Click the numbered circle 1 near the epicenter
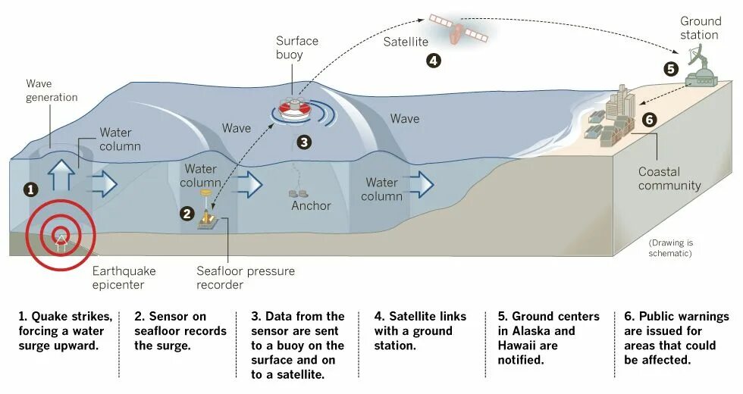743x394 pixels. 31,189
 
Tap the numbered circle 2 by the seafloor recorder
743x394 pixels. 187,213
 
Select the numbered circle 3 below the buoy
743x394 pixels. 303,142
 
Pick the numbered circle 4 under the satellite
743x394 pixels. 433,61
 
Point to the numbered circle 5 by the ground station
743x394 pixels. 670,69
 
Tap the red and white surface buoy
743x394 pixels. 295,110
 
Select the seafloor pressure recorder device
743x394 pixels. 206,220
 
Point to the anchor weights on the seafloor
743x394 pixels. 299,194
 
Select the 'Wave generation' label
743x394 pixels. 52,90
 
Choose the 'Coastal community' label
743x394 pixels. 669,179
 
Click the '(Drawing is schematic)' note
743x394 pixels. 670,248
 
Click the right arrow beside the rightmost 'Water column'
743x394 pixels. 422,184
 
